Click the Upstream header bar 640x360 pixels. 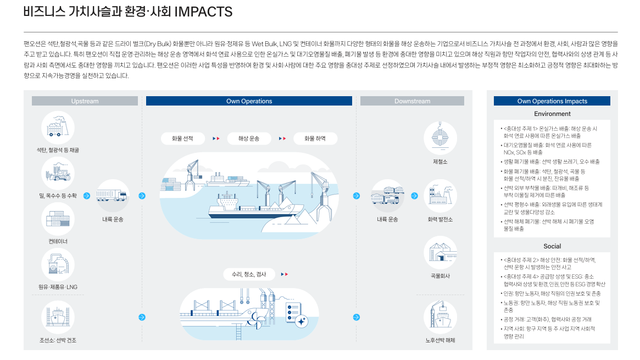tap(85, 101)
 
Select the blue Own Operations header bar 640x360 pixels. tap(249, 101)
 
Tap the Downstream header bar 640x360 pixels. tap(412, 101)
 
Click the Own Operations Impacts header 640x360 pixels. tap(552, 101)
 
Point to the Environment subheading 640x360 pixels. tap(552, 114)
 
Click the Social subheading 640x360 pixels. tap(552, 246)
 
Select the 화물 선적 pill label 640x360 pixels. tap(182, 139)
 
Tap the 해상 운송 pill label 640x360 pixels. tap(249, 139)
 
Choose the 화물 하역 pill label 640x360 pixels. tap(315, 139)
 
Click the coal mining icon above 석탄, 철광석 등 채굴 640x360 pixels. tap(58, 128)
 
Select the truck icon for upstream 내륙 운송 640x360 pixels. tap(113, 196)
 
